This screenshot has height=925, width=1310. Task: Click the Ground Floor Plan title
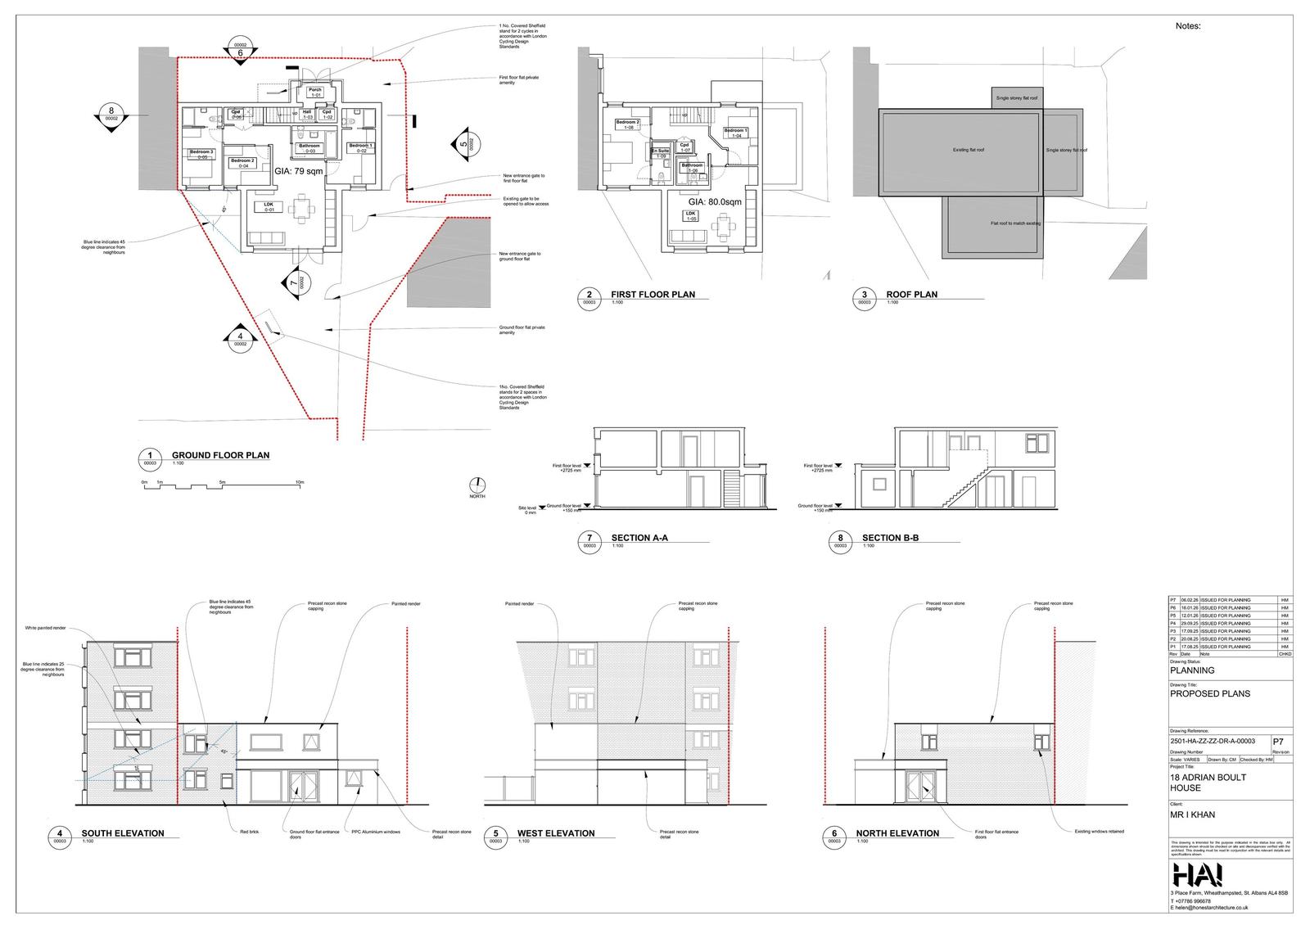pyautogui.click(x=219, y=455)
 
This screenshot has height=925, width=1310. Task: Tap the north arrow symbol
pyautogui.click(x=477, y=485)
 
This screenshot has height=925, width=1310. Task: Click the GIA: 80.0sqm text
pyautogui.click(x=714, y=201)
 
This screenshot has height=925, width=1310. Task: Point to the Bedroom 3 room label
pyautogui.click(x=201, y=153)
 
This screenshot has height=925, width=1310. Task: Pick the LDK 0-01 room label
pyautogui.click(x=269, y=207)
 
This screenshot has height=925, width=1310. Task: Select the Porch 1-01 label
pyautogui.click(x=315, y=92)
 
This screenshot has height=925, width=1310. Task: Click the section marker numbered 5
pyautogui.click(x=464, y=145)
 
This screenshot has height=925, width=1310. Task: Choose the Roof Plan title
pyautogui.click(x=911, y=294)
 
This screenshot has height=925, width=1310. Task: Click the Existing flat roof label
pyautogui.click(x=969, y=151)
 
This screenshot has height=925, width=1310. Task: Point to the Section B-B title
pyautogui.click(x=890, y=538)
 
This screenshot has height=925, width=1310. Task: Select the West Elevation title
pyautogui.click(x=555, y=833)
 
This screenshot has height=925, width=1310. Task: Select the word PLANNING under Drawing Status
pyautogui.click(x=1192, y=670)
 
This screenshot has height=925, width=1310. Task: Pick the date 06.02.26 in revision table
pyautogui.click(x=1190, y=601)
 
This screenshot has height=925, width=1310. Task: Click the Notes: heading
pyautogui.click(x=1188, y=26)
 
